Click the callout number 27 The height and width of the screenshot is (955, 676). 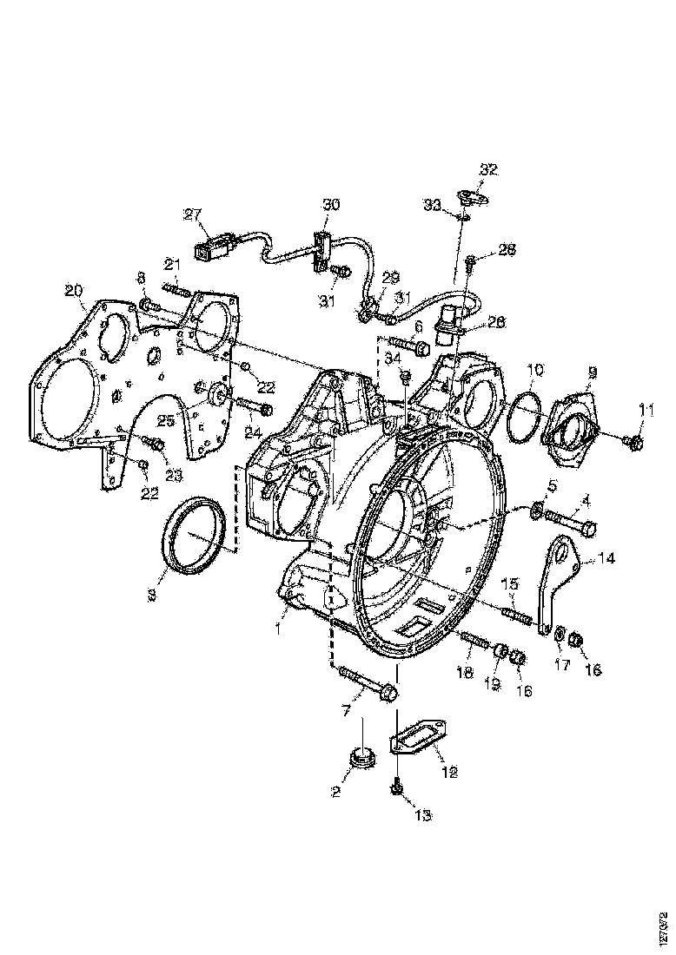[191, 214]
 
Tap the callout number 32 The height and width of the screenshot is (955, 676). [488, 170]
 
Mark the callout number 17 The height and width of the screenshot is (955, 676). [562, 665]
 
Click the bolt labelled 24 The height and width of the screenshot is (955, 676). [255, 406]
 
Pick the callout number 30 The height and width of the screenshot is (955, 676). [332, 206]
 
